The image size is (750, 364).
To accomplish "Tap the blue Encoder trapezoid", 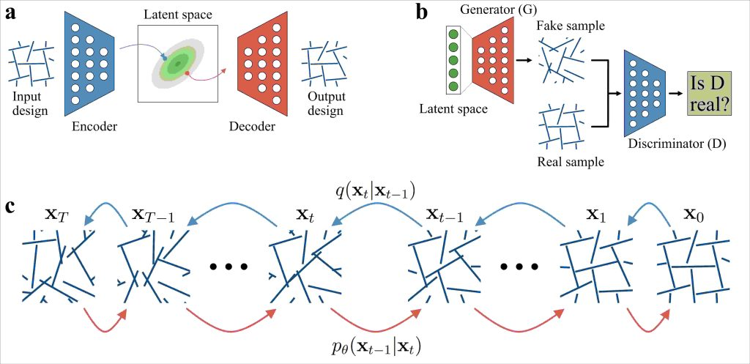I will [x=92, y=63].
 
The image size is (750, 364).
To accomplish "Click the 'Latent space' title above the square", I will [x=177, y=12].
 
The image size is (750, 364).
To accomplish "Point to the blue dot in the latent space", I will [x=165, y=56].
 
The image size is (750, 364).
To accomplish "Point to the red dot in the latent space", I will [x=188, y=74].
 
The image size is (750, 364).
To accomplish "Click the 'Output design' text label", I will [x=325, y=104].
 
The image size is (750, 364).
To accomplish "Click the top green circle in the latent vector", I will [x=453, y=34].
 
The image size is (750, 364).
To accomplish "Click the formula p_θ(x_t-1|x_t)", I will [x=374, y=346].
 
